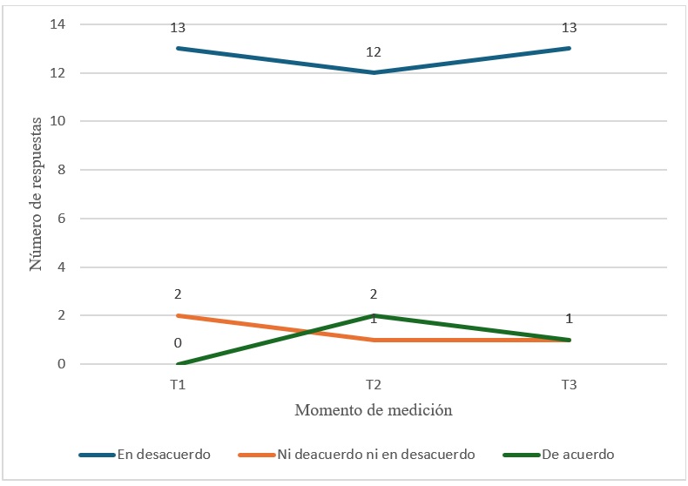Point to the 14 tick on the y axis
(58, 24)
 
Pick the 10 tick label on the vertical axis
(58, 121)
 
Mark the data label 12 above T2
(374, 52)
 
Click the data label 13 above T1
(178, 28)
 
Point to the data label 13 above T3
(570, 28)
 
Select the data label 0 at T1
(178, 343)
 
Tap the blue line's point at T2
(374, 72)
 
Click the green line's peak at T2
(374, 315)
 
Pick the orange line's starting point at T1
(178, 315)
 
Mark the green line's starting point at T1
(178, 364)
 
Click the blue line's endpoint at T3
(570, 48)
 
